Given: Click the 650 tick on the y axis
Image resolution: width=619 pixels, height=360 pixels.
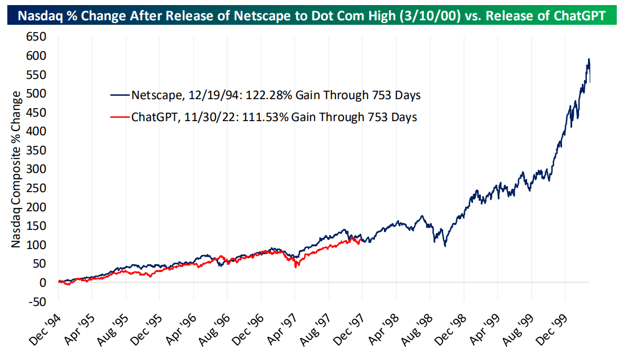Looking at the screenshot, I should [x=38, y=38].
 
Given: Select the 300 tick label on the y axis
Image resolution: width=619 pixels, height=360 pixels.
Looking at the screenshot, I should [x=38, y=169].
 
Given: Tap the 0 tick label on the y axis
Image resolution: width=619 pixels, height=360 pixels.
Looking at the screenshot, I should [x=43, y=282].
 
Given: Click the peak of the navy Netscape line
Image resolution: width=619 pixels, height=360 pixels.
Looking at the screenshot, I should [x=589, y=59].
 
